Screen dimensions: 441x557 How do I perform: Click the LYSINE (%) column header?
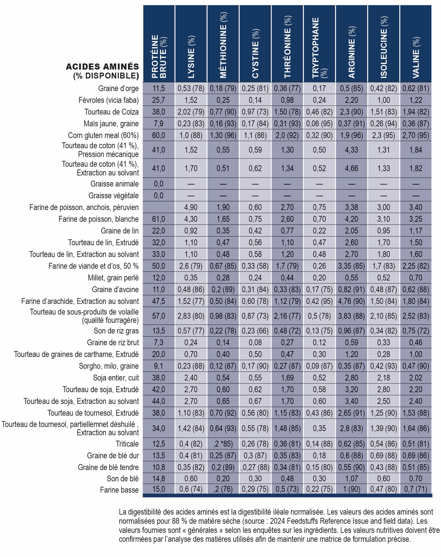coord(191,57)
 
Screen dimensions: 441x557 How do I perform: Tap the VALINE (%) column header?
coord(416,58)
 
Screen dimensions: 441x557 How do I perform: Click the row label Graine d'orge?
coord(119,88)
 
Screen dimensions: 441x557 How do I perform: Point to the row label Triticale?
coord(127,444)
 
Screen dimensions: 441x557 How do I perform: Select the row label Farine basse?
coord(119,490)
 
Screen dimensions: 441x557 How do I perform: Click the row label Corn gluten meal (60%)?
coord(103,135)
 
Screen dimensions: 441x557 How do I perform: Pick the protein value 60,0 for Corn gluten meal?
coord(159,135)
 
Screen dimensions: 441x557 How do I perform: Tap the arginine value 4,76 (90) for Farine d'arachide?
coord(351,301)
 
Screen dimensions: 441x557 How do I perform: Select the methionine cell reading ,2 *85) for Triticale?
coord(223,444)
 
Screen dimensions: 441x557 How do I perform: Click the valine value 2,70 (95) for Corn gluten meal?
coord(416,135)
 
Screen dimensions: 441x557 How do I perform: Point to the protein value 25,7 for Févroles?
coord(159,100)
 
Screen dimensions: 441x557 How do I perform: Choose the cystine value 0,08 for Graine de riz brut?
coord(255,342)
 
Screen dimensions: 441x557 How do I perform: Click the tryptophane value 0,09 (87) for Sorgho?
coord(319,366)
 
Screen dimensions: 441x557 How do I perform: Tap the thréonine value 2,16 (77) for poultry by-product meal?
coord(287,316)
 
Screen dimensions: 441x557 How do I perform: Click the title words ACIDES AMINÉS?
coord(102,67)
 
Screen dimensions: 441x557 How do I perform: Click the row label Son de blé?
coord(123,479)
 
